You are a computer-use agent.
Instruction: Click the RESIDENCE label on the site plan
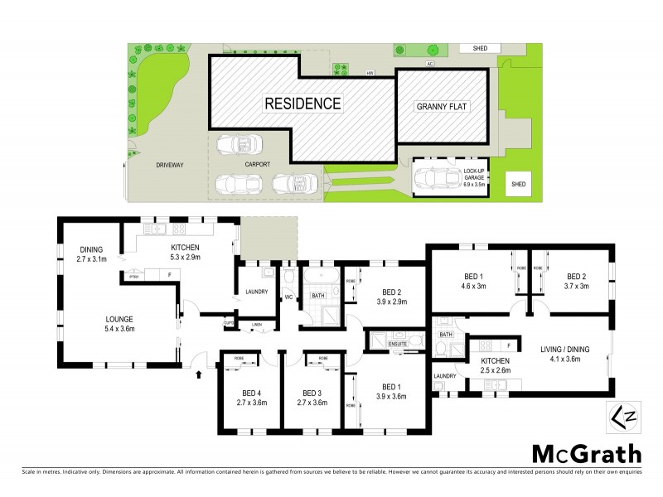[302, 104]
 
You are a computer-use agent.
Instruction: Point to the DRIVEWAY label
[169, 165]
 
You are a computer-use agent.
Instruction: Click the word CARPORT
[258, 165]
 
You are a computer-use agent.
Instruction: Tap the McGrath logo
[586, 453]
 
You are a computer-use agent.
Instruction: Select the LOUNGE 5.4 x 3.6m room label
[119, 324]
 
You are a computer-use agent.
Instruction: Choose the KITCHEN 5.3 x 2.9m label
[186, 253]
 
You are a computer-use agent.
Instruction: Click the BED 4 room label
[249, 398]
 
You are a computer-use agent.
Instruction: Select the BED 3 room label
[312, 398]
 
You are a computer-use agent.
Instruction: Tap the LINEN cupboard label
[257, 324]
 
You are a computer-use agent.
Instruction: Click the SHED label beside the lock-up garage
[520, 183]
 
